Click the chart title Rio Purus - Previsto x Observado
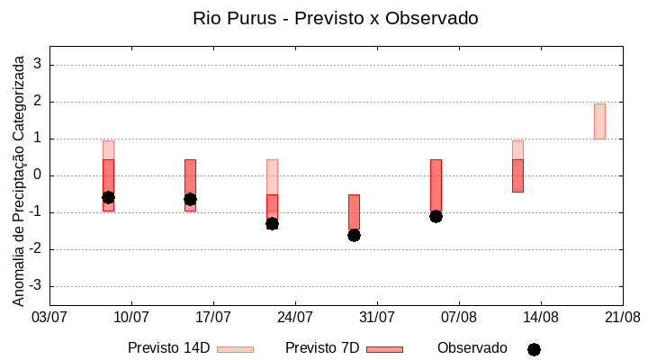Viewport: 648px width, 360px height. click(335, 18)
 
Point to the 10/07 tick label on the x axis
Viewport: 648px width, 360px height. click(131, 317)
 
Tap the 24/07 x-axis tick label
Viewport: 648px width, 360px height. click(295, 317)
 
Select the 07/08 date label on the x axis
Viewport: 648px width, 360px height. click(459, 317)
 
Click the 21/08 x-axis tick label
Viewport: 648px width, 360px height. click(622, 317)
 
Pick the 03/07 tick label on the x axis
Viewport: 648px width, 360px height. click(49, 317)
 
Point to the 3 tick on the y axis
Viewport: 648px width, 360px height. click(38, 65)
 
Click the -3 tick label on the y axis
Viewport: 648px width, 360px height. click(35, 286)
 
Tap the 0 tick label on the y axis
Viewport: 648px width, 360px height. click(38, 175)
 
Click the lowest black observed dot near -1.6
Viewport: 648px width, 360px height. click(354, 235)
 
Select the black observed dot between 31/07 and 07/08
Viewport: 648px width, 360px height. click(436, 216)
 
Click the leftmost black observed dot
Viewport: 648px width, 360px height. click(108, 197)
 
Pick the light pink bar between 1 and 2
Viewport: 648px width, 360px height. click(599, 121)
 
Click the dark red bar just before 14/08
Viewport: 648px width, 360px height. click(517, 175)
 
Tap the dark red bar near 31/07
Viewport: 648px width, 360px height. click(354, 212)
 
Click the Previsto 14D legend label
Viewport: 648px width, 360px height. click(168, 348)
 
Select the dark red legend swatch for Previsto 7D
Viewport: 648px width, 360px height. click(384, 349)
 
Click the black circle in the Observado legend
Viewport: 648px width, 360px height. click(534, 349)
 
